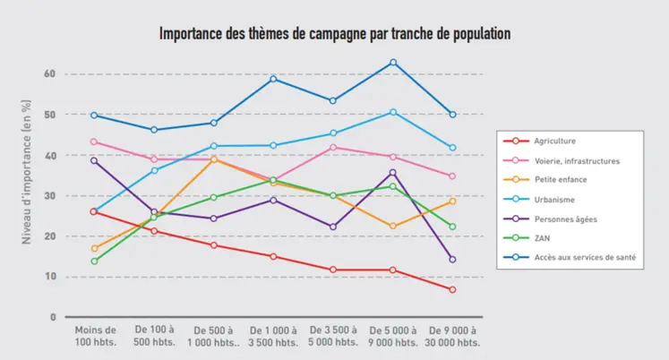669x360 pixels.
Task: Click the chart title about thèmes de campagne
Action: (x=334, y=34)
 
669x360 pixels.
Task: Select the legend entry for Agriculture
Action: (x=554, y=141)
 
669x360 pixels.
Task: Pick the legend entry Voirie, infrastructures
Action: (x=576, y=161)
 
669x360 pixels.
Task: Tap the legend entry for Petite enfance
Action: (x=561, y=181)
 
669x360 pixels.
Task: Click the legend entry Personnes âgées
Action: (x=565, y=219)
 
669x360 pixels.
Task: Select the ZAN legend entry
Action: (x=542, y=239)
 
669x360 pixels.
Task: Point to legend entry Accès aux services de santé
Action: (x=586, y=259)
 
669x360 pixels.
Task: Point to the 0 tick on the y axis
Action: (x=53, y=317)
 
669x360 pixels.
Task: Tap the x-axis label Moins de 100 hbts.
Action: (x=94, y=336)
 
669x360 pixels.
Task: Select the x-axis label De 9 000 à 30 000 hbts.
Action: (x=452, y=336)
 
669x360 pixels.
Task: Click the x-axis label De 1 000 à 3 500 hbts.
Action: (x=273, y=336)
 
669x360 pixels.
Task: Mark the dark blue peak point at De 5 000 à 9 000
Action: (x=392, y=63)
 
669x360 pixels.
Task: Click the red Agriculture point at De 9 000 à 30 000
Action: (x=452, y=289)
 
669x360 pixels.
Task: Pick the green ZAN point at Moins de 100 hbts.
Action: (x=94, y=261)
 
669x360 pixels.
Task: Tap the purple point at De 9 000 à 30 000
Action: (x=452, y=260)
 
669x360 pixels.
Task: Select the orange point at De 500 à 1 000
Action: (x=213, y=159)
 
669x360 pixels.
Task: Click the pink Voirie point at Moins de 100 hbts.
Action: (x=94, y=141)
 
